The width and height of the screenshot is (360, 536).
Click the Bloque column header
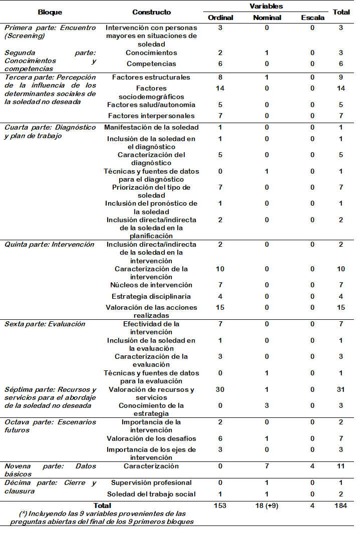click(x=50, y=12)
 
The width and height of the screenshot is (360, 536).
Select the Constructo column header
click(x=151, y=12)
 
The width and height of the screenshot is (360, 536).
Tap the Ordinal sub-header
click(x=220, y=18)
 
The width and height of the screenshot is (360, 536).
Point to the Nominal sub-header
click(x=267, y=18)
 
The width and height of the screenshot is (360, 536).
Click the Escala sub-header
click(x=312, y=18)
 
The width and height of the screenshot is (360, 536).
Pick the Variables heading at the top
click(x=266, y=7)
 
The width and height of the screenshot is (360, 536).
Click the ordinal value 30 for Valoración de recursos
click(x=220, y=389)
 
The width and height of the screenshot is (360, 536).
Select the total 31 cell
click(x=340, y=389)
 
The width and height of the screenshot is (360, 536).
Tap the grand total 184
click(x=340, y=505)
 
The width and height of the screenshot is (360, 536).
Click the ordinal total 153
click(x=220, y=505)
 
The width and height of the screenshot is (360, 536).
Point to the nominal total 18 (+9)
click(x=267, y=505)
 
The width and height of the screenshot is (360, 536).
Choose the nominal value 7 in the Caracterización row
click(x=267, y=466)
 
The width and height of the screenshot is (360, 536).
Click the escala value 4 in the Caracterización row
click(x=312, y=466)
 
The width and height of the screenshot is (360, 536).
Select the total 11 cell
click(x=340, y=466)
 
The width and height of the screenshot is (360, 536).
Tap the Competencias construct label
click(x=151, y=64)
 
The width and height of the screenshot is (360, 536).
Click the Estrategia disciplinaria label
click(x=151, y=296)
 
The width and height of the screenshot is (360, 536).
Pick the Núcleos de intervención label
click(x=151, y=285)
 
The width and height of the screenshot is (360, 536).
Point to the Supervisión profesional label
click(x=151, y=482)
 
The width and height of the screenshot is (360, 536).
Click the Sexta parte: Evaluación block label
click(x=45, y=324)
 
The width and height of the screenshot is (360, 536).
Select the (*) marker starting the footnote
click(x=23, y=513)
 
